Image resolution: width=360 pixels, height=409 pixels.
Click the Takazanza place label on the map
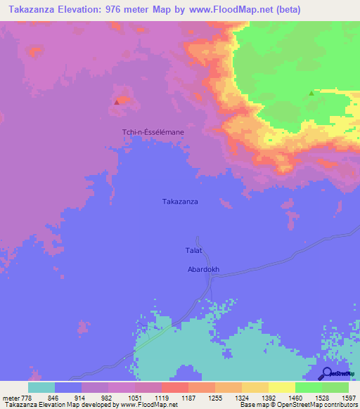click(x=180, y=202)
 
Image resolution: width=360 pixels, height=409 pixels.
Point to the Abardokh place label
click(x=204, y=269)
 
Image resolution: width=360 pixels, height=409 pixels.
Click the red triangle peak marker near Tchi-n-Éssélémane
click(x=117, y=102)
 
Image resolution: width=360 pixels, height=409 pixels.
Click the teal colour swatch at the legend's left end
click(x=41, y=387)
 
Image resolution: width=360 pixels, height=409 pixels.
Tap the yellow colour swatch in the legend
click(x=281, y=387)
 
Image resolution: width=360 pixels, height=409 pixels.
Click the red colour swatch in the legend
click(x=175, y=387)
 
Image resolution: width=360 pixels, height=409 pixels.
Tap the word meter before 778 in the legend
click(x=12, y=397)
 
